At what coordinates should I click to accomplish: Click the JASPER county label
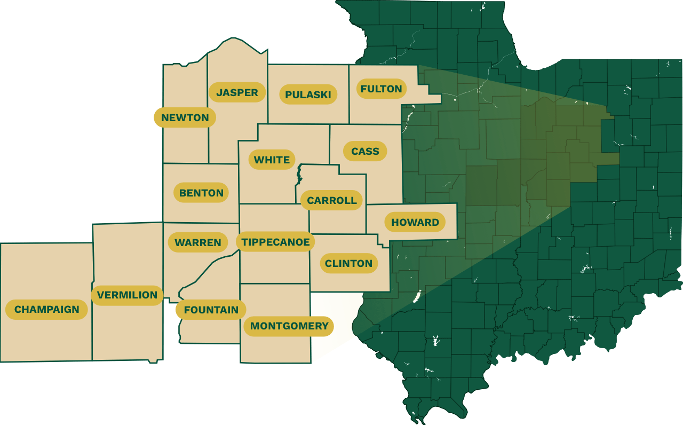[237, 92]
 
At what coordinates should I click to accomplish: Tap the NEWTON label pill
[185, 117]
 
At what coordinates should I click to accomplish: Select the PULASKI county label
[308, 95]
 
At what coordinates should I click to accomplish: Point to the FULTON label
[381, 89]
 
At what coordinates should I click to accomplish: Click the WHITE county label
[272, 160]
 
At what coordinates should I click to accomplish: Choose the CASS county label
[365, 151]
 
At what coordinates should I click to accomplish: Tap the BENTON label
[201, 193]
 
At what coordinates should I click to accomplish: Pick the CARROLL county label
[331, 200]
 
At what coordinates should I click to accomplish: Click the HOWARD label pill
[415, 222]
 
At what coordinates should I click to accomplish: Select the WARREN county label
[197, 242]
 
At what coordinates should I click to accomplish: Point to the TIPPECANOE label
[275, 242]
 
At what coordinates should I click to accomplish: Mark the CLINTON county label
[348, 263]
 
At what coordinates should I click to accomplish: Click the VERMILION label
[127, 295]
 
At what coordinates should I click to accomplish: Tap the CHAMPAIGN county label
[46, 309]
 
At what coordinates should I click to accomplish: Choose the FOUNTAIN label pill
[211, 310]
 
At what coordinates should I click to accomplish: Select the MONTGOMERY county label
[289, 326]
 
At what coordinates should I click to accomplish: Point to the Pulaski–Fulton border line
[349, 107]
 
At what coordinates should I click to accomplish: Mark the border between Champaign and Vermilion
[93, 331]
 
